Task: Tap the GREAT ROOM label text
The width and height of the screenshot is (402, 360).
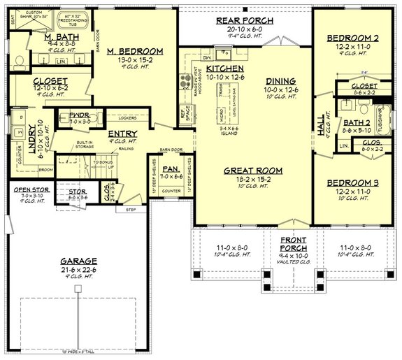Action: tap(252, 170)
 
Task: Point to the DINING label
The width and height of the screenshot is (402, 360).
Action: tap(280, 81)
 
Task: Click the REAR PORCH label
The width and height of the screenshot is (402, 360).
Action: tap(244, 21)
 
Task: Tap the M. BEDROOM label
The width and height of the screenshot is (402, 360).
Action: tap(134, 51)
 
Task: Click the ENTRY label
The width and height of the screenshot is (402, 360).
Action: tap(122, 133)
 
